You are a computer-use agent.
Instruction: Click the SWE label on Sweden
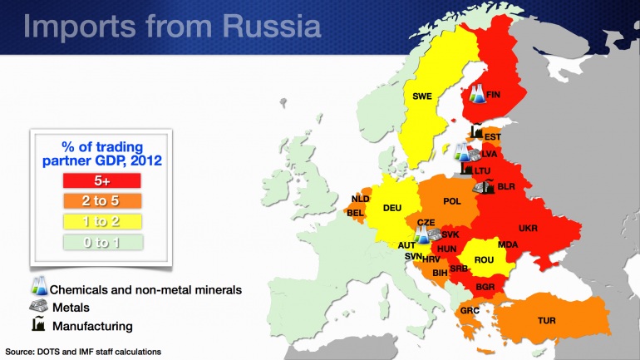(x=422, y=96)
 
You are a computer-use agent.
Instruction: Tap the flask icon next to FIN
(x=476, y=94)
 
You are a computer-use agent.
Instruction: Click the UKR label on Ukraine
(x=529, y=227)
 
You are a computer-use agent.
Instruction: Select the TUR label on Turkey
(x=548, y=319)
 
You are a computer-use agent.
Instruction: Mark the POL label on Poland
(x=452, y=201)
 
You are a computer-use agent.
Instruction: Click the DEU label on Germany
(x=392, y=208)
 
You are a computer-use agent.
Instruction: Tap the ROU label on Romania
(x=484, y=259)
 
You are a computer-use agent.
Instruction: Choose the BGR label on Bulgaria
(x=486, y=288)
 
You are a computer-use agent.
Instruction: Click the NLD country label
(x=360, y=200)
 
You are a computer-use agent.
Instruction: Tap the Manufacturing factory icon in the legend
(x=37, y=325)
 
